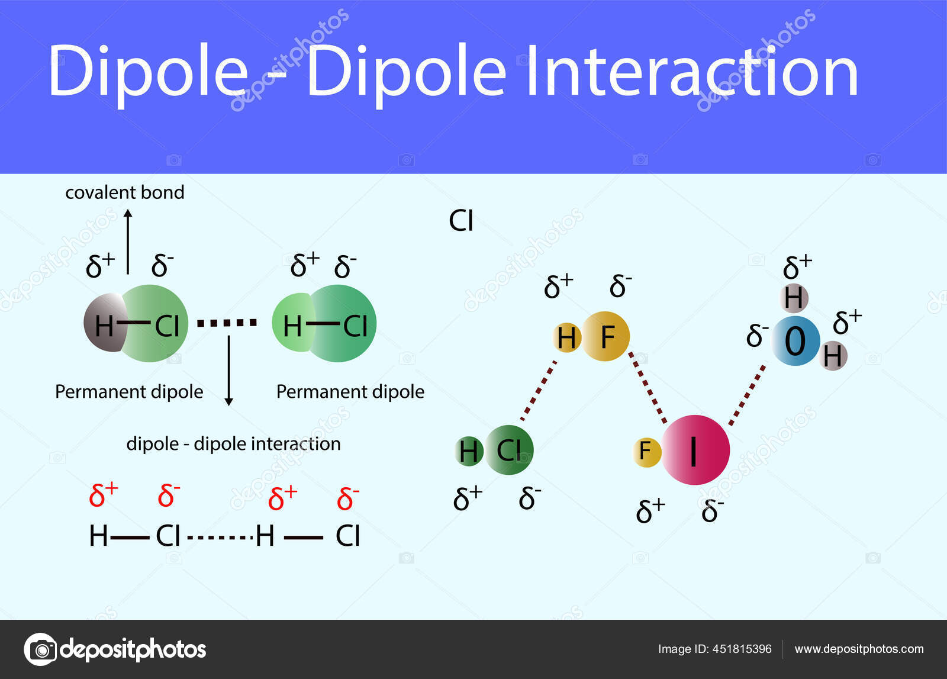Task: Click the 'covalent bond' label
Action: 124,192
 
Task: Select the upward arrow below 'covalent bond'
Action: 127,243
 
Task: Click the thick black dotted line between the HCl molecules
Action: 227,323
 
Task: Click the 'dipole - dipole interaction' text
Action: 233,443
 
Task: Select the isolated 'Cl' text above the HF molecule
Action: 461,221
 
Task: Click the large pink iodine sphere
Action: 695,450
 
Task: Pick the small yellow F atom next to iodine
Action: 646,452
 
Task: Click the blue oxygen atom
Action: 795,341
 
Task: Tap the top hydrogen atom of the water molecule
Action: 794,297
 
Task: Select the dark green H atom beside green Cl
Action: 468,450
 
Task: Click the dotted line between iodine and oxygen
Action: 746,395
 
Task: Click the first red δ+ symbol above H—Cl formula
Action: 103,495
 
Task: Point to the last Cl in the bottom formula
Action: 347,536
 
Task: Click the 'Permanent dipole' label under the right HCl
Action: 350,392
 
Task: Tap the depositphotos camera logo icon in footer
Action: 40,649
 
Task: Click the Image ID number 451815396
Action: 742,649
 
